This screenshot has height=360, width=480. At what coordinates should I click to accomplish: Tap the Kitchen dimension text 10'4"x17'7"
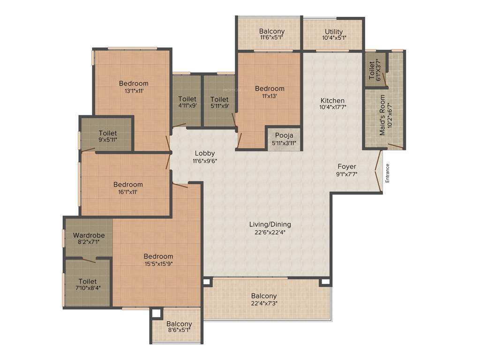pyautogui.click(x=332, y=107)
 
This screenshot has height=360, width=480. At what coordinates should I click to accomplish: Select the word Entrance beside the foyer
pyautogui.click(x=387, y=173)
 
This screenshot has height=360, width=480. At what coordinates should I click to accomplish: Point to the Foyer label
pyautogui.click(x=347, y=166)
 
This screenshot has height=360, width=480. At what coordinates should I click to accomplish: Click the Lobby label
pyautogui.click(x=205, y=153)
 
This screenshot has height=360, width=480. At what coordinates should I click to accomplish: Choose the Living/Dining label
pyautogui.click(x=270, y=224)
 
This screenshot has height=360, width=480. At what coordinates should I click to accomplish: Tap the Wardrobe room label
pyautogui.click(x=89, y=235)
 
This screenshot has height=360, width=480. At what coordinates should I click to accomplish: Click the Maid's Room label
pyautogui.click(x=382, y=115)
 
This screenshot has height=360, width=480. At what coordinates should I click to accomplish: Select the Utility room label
pyautogui.click(x=334, y=32)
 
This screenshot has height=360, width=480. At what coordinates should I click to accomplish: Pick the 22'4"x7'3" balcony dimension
pyautogui.click(x=264, y=303)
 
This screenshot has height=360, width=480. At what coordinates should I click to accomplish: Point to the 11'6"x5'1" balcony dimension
pyautogui.click(x=272, y=38)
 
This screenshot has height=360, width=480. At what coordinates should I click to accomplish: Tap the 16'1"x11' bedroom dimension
pyautogui.click(x=128, y=191)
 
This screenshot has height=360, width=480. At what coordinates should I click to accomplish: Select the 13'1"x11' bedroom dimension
pyautogui.click(x=134, y=91)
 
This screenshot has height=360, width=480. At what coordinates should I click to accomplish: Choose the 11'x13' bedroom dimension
pyautogui.click(x=270, y=96)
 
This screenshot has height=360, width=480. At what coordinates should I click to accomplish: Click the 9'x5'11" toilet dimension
pyautogui.click(x=108, y=140)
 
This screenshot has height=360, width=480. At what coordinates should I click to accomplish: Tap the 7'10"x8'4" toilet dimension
pyautogui.click(x=88, y=288)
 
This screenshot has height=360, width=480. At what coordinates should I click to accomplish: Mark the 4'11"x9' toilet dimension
pyautogui.click(x=187, y=106)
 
